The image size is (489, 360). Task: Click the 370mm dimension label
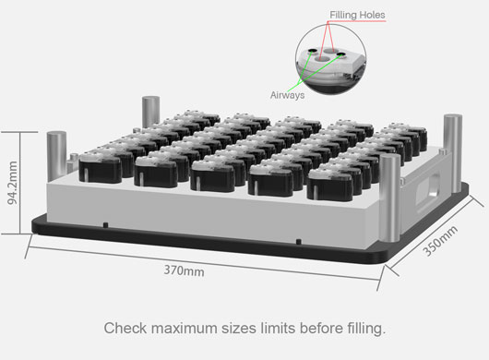pos(184,270)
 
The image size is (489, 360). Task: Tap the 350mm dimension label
pos(440,241)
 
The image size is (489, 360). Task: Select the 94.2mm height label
pos(13,183)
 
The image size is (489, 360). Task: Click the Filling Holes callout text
pos(357,15)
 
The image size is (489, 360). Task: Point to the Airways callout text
pos(287,95)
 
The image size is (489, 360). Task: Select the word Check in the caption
pos(125,329)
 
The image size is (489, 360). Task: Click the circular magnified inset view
pos(330,59)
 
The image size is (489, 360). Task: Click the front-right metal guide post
pos(389,198)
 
